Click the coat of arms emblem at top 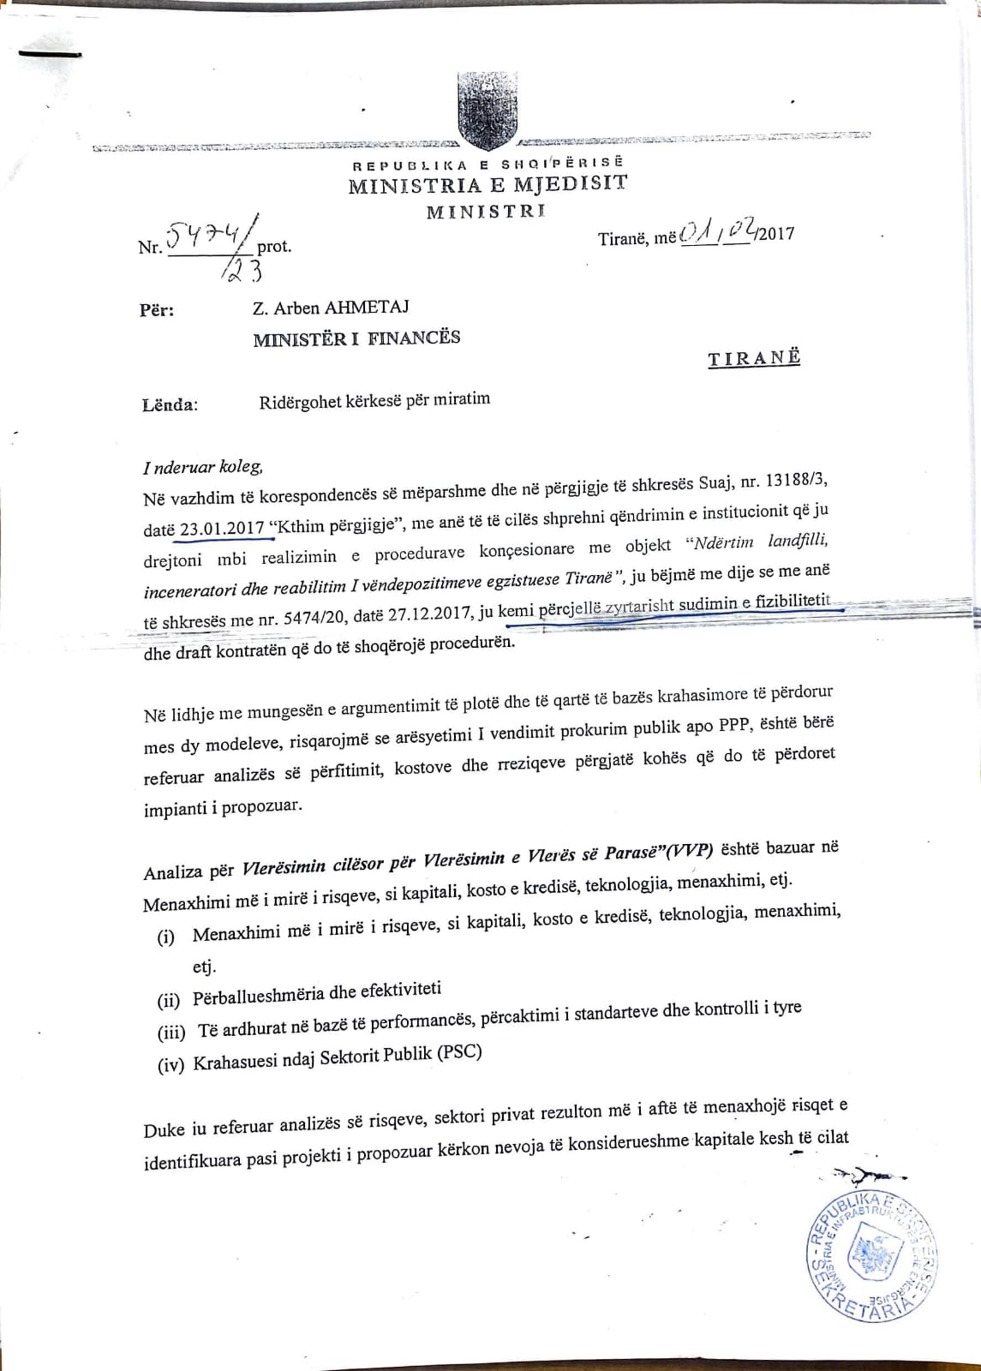click(x=486, y=109)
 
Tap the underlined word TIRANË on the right click(x=754, y=358)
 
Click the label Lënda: click(x=170, y=404)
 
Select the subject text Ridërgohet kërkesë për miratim click(x=374, y=399)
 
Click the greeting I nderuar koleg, click(x=203, y=467)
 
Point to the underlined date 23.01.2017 click(x=222, y=528)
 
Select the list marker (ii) click(x=169, y=1000)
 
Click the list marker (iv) click(x=170, y=1065)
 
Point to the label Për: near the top click(x=157, y=309)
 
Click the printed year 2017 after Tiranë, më click(x=775, y=233)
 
